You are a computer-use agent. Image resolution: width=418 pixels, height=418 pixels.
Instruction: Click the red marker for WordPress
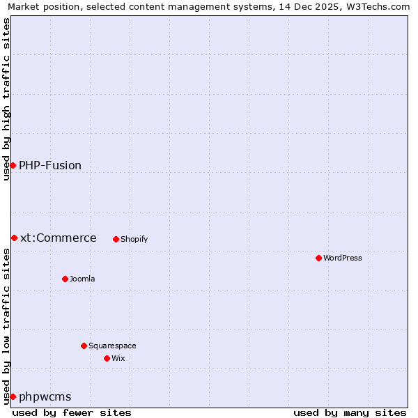(318, 258)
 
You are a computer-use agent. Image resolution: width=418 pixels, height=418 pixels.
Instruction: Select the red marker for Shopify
(116, 239)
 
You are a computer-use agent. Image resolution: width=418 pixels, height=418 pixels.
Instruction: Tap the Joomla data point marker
(65, 279)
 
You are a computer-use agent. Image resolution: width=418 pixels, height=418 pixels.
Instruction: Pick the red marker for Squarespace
(84, 346)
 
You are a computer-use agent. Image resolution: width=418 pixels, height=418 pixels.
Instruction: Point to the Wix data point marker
(107, 358)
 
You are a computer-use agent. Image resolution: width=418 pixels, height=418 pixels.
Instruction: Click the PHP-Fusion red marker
(13, 165)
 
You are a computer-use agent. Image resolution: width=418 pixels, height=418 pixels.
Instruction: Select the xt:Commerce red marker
(14, 238)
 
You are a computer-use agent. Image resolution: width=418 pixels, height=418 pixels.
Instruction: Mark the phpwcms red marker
(13, 396)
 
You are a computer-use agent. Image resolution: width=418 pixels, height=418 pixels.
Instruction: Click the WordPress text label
(343, 258)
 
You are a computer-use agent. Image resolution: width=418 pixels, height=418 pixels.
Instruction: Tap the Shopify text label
(134, 239)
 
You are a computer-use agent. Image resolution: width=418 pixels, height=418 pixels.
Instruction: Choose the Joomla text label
(82, 279)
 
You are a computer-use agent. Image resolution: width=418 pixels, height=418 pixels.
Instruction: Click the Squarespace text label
(112, 346)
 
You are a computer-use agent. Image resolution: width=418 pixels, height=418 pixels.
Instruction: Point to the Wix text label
(118, 358)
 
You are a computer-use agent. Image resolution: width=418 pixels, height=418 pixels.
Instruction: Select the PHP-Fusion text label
(50, 165)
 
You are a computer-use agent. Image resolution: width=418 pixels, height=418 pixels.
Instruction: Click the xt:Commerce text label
(59, 238)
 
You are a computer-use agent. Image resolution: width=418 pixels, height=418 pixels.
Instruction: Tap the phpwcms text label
(45, 396)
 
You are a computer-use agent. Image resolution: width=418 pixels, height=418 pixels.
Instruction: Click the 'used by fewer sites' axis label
(72, 412)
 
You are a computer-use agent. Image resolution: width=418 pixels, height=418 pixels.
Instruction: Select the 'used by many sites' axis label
(350, 412)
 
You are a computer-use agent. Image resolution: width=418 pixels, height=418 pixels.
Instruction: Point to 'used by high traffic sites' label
(6, 99)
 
